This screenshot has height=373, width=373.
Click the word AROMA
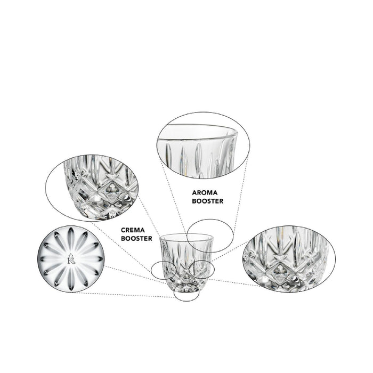pos(205,192)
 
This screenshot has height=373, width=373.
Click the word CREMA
pos(133,230)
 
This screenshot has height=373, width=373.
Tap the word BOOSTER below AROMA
pos(208,201)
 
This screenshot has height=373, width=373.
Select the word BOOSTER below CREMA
pos(136,238)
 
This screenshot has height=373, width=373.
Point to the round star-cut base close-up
pos(71,259)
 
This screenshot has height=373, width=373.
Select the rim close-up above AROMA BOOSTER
pos(204,145)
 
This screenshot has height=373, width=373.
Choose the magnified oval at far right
pos(289,259)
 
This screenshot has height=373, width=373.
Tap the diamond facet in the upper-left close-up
pos(111,192)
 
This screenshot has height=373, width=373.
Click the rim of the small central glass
pos(186,234)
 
